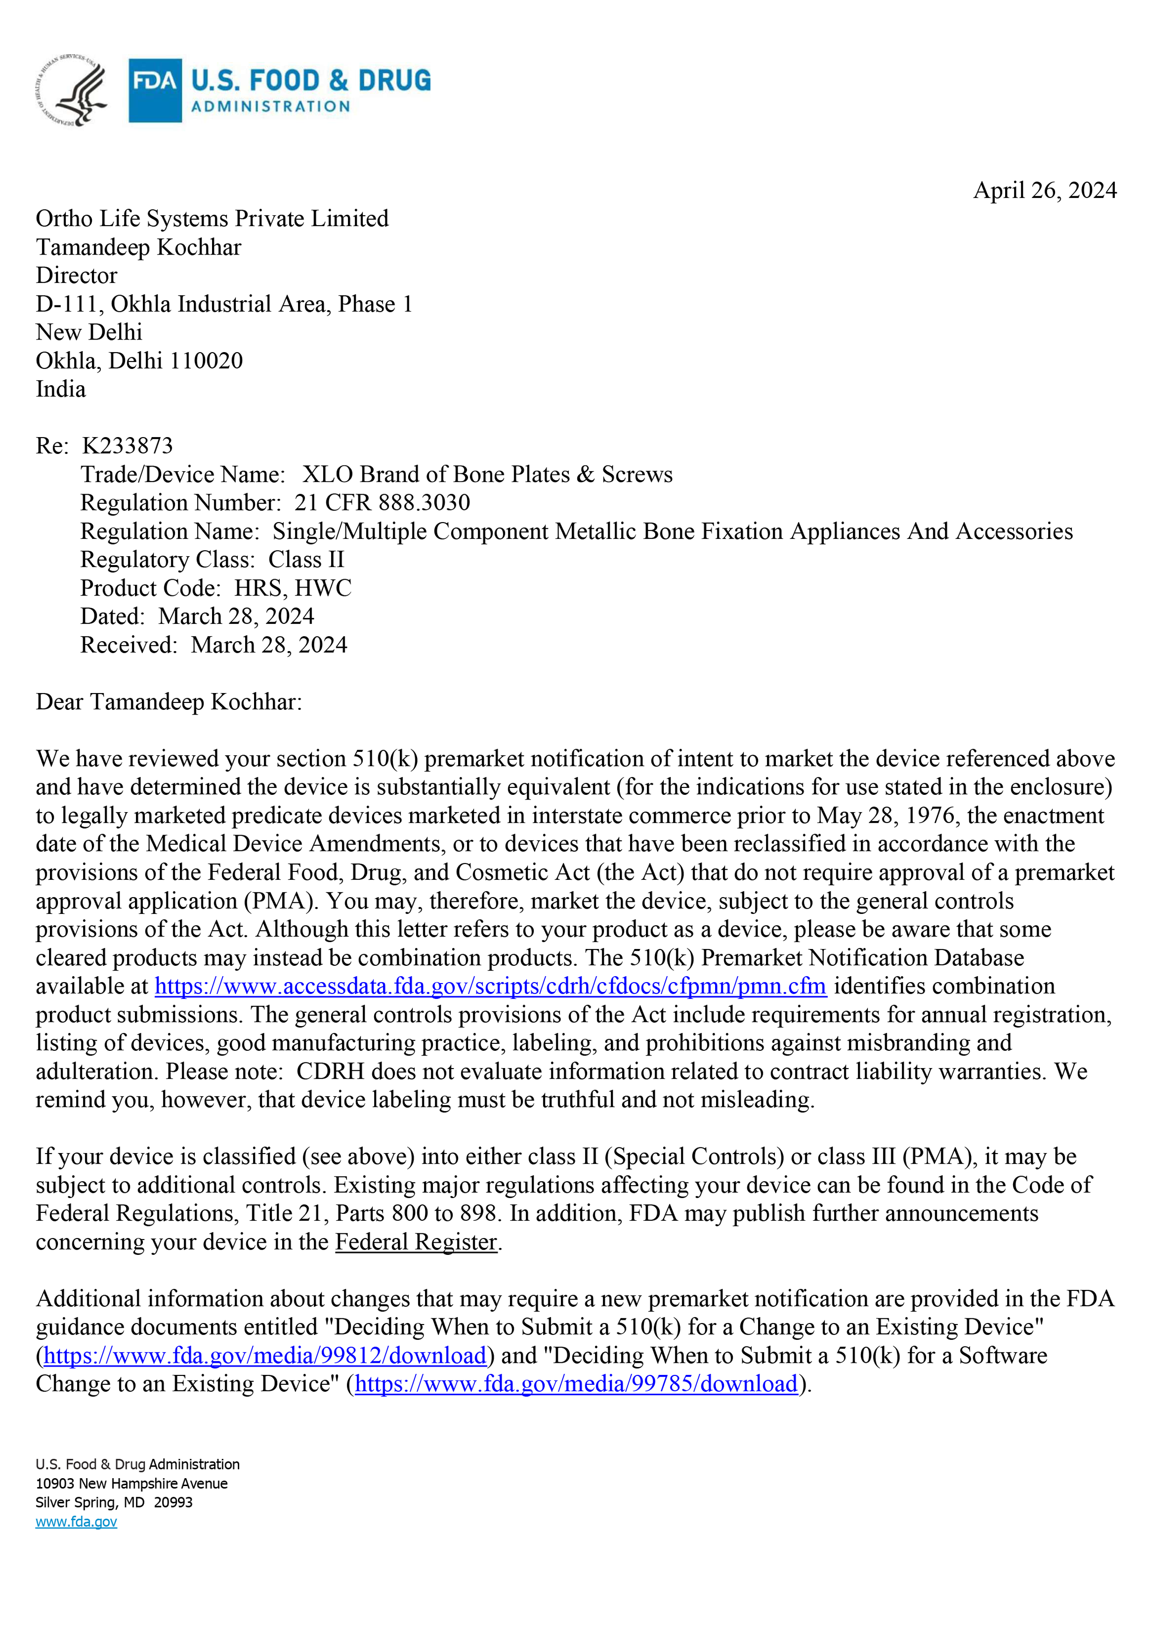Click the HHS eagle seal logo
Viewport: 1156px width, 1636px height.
click(x=71, y=91)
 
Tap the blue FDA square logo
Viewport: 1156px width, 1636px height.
click(x=155, y=91)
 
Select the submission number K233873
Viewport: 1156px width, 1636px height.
click(x=128, y=446)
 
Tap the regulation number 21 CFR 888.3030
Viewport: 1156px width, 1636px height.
click(x=382, y=503)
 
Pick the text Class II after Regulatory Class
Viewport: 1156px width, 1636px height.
click(x=306, y=560)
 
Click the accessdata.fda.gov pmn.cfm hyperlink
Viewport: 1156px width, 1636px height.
click(x=490, y=986)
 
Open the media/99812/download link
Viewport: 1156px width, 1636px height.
click(x=265, y=1355)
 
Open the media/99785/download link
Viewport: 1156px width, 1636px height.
click(x=576, y=1384)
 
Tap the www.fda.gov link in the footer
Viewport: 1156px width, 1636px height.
click(x=76, y=1522)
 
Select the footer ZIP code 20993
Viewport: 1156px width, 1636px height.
click(x=173, y=1503)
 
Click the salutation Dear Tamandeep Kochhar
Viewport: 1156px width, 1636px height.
click(x=169, y=702)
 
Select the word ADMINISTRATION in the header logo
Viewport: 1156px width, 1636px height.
click(x=271, y=107)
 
